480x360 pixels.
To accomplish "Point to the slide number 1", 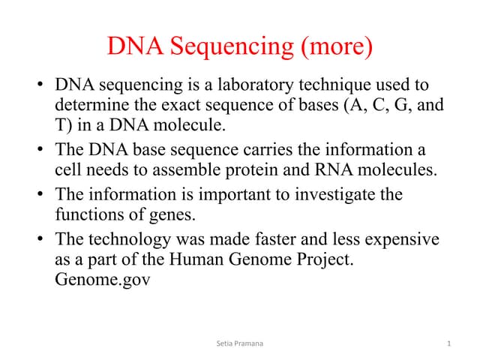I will click(448, 343).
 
